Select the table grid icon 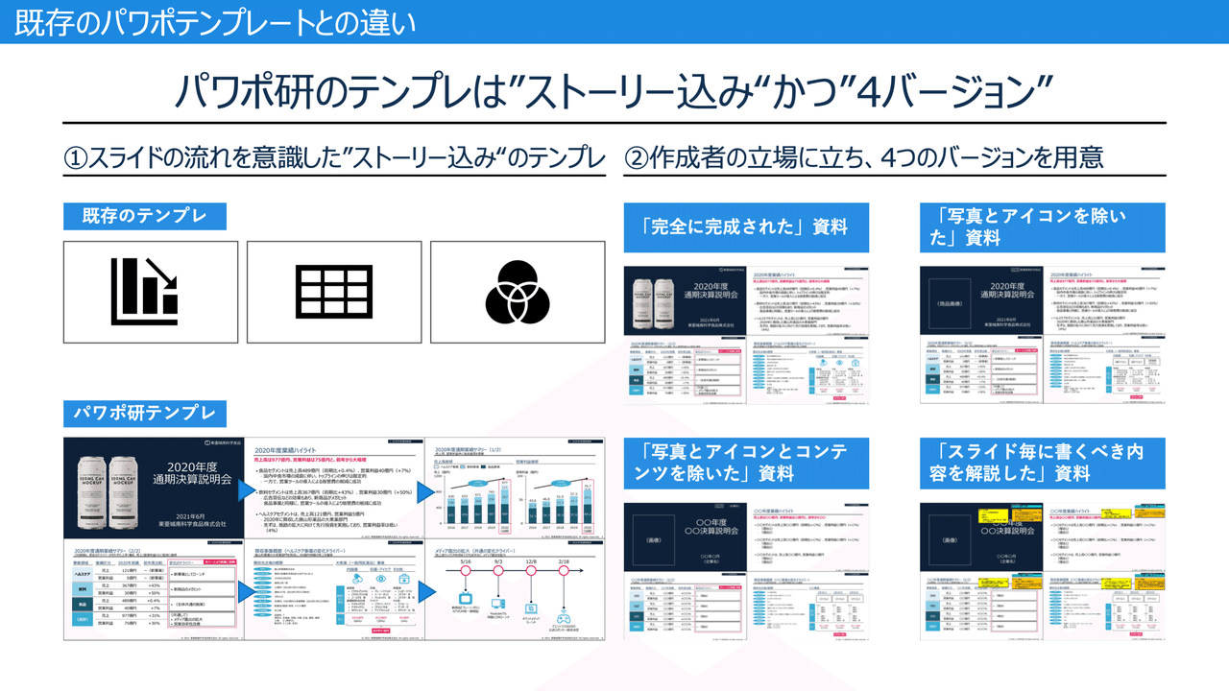(333, 291)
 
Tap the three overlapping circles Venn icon (518, 291)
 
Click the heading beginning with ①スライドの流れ (334, 157)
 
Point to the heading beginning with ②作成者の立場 (863, 157)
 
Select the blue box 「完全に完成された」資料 (746, 227)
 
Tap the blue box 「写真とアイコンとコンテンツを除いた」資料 (746, 461)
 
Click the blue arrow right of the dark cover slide (242, 488)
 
